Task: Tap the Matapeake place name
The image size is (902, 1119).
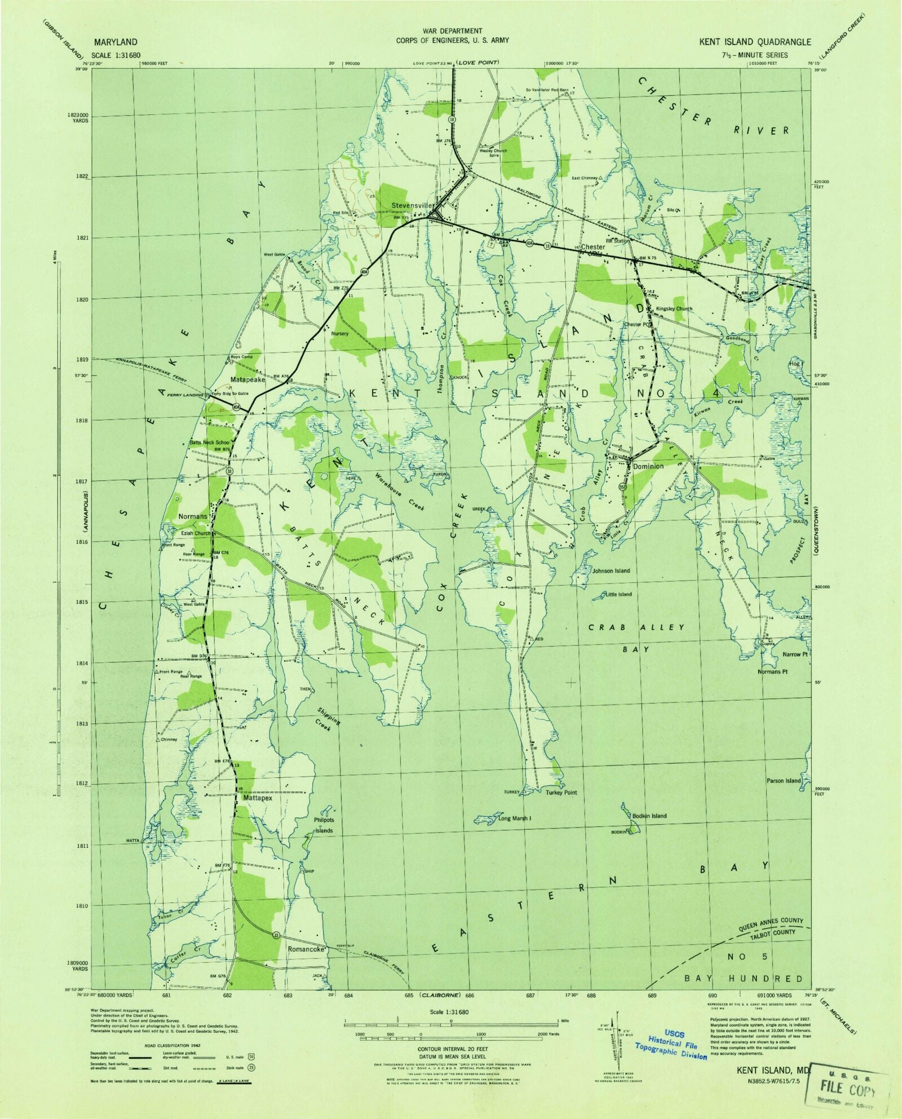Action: coord(247,379)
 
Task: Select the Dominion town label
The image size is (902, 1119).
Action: coord(648,466)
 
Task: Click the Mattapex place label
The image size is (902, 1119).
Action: coord(258,798)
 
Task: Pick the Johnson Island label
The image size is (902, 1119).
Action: coord(611,570)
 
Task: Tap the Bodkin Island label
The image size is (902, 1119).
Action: coord(649,815)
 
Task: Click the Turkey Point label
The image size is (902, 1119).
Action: coord(561,792)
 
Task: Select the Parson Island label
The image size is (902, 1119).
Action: coord(783,780)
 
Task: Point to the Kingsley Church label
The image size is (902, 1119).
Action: coord(674,308)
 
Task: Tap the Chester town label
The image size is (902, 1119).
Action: coord(593,247)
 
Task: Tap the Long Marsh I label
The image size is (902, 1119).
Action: coord(514,817)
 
